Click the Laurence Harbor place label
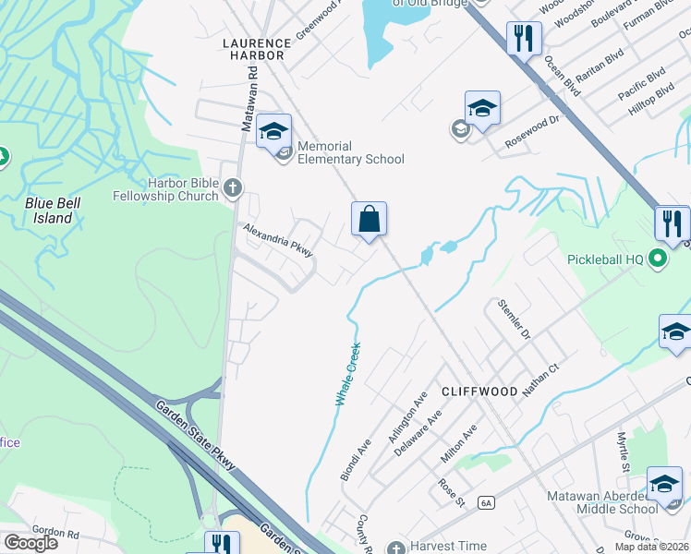[253, 49]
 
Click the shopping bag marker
[369, 220]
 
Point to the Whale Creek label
[345, 374]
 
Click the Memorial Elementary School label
[351, 152]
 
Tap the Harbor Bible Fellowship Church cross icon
[232, 189]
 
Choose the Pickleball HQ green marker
[658, 259]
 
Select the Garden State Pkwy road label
[197, 435]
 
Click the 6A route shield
[486, 502]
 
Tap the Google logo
[30, 543]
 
